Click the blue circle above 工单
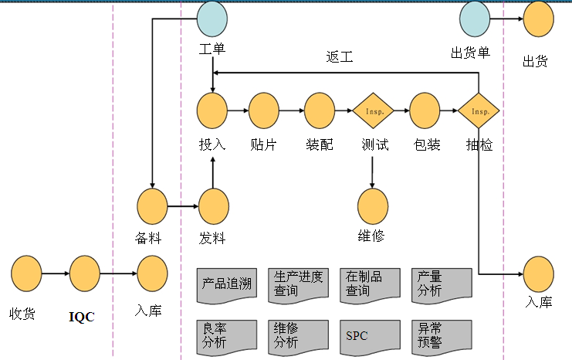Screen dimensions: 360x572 tap(212, 19)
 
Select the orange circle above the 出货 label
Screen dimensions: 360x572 tap(538, 19)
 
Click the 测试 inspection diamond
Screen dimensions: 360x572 tap(374, 111)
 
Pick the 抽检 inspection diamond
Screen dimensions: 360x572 tap(479, 111)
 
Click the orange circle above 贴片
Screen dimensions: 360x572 tap(263, 111)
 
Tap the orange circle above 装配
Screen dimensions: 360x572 tap(319, 111)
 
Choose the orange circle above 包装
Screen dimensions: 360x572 tap(425, 111)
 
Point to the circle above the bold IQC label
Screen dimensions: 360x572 tap(85, 273)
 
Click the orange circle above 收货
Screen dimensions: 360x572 tap(26, 273)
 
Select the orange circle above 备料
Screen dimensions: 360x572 tap(152, 207)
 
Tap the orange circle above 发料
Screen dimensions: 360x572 tap(214, 207)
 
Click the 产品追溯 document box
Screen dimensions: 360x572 tap(227, 284)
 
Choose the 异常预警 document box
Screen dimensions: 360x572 tap(441, 336)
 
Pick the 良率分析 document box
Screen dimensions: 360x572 tap(227, 336)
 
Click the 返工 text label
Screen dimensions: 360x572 tap(340, 57)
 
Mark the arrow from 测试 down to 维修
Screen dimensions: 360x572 tap(374, 172)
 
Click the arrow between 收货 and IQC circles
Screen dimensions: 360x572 tap(56, 273)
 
